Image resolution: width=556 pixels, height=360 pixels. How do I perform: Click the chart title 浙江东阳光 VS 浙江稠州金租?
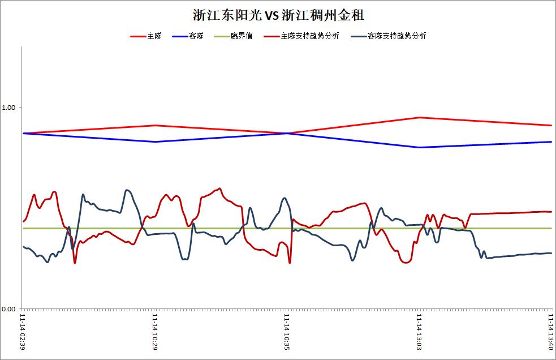coord(279,15)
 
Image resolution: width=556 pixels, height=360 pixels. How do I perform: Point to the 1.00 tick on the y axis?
coord(8,107)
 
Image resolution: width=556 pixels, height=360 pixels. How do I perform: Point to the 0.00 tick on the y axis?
coord(8,309)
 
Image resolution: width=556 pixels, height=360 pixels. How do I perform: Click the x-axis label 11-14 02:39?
coord(23,332)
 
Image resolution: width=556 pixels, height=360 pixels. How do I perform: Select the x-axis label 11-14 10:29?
coord(154,332)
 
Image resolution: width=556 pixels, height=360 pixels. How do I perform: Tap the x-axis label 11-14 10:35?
coord(287,332)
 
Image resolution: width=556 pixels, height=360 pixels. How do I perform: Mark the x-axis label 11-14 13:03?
coord(419,332)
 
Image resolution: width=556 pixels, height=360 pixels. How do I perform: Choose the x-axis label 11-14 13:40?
coord(551,332)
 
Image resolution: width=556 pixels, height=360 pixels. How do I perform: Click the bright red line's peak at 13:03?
coord(419,117)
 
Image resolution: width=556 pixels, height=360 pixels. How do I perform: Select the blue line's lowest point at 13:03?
coord(419,147)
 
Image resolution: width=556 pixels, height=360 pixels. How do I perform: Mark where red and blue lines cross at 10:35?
coord(287,133)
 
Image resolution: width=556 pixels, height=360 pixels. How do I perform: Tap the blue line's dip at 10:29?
coord(154,142)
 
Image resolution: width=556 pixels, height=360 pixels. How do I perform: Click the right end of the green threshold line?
coord(551,228)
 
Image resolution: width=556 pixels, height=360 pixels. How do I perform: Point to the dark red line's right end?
coord(551,212)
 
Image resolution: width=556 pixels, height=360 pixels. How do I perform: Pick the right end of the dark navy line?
coord(551,253)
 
